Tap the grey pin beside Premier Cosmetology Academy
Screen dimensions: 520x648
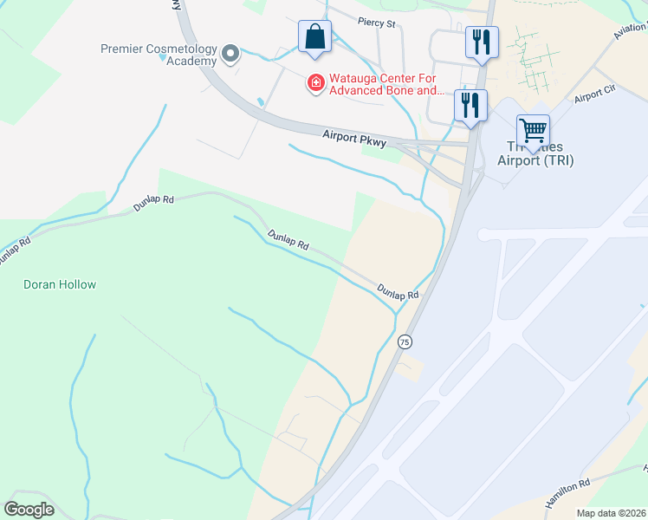(230, 55)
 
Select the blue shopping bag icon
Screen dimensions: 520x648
(314, 38)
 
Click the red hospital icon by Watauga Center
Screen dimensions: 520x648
(317, 83)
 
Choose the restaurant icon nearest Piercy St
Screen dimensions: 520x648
(481, 42)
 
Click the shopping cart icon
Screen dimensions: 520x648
(533, 131)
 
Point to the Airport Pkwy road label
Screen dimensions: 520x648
(354, 140)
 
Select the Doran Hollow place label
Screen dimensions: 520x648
(60, 284)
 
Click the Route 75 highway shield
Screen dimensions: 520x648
(405, 342)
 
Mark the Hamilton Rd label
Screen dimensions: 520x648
(567, 494)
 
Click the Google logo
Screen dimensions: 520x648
(29, 510)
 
